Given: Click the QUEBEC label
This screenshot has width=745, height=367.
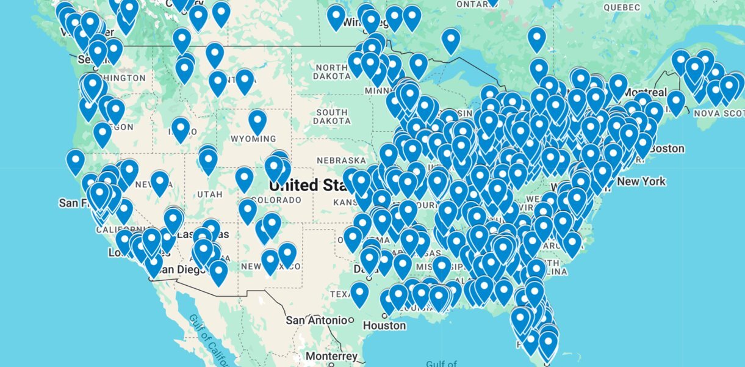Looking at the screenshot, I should (622, 7).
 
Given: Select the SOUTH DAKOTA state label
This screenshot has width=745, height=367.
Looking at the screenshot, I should (332, 117).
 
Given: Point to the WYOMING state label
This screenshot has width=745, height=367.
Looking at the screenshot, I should (253, 139).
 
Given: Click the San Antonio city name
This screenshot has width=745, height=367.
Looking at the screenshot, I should (317, 319).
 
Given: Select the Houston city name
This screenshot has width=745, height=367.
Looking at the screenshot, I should (384, 325).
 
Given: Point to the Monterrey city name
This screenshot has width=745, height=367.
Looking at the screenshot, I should (331, 356).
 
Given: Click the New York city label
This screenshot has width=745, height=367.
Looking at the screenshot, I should (641, 181).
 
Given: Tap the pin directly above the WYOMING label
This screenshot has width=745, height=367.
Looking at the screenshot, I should (257, 120).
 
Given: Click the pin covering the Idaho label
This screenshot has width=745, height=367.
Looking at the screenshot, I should (180, 128).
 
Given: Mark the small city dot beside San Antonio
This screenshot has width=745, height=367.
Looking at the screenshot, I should (351, 319).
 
